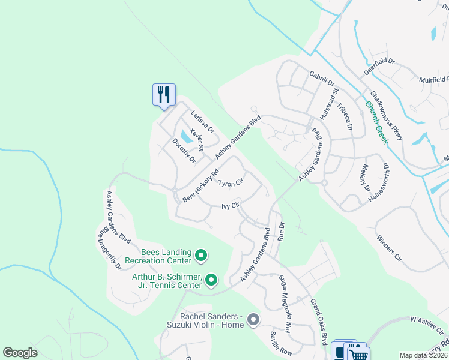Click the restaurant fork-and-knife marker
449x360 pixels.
pyautogui.click(x=164, y=95)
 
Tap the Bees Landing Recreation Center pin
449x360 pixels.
pyautogui.click(x=201, y=257)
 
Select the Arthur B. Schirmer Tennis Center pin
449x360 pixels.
pyautogui.click(x=211, y=280)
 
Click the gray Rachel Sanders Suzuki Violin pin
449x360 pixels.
pyautogui.click(x=253, y=320)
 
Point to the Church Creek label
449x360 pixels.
pyautogui.click(x=377, y=121)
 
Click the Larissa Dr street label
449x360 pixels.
pyautogui.click(x=202, y=121)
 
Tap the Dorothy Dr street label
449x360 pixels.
pyautogui.click(x=184, y=151)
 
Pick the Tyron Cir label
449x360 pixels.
pyautogui.click(x=231, y=182)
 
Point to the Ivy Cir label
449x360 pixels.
pyautogui.click(x=231, y=206)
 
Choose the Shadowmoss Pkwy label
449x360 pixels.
pyautogui.click(x=387, y=116)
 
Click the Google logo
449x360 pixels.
pyautogui.click(x=20, y=353)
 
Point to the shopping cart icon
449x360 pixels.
pyautogui.click(x=358, y=355)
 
